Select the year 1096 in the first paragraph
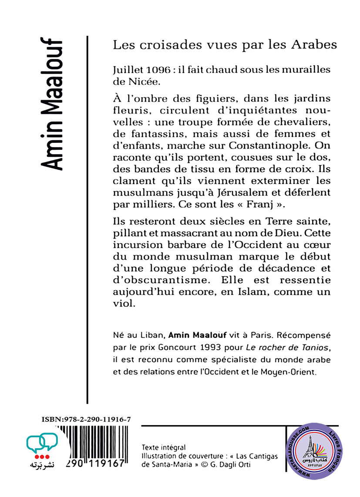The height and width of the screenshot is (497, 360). coord(151,69)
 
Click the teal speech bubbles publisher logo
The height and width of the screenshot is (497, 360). coord(42,443)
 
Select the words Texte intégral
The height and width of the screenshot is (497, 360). coord(163,447)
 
